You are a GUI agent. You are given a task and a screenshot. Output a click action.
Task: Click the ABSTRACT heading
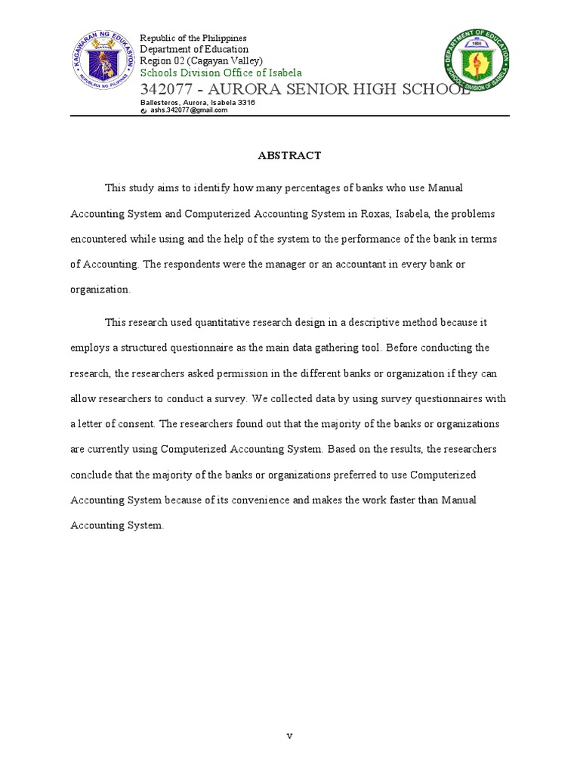[x=290, y=156]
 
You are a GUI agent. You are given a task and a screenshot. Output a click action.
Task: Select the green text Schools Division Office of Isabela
[x=221, y=73]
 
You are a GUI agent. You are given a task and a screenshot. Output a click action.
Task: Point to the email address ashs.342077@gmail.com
[x=188, y=110]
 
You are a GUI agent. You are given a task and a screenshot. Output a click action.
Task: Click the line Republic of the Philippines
[x=193, y=38]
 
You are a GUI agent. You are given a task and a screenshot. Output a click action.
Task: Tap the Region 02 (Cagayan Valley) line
[x=202, y=60]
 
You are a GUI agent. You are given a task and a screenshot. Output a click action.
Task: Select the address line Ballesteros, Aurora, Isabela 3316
[x=198, y=103]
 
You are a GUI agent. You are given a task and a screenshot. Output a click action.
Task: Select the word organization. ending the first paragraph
[x=100, y=289]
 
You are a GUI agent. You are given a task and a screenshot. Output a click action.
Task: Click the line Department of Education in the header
[x=194, y=49]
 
